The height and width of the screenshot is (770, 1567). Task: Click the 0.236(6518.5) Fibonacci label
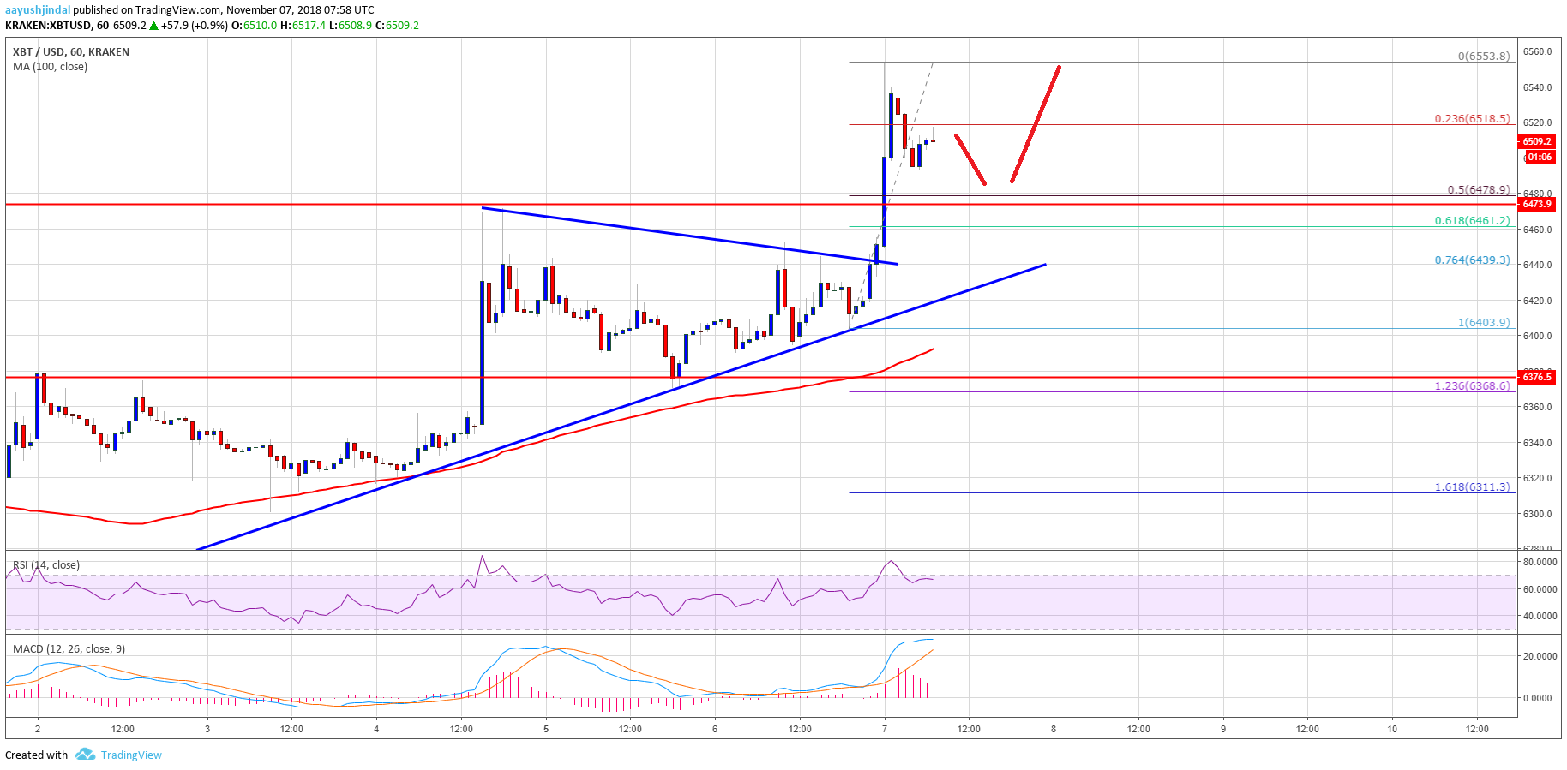pyautogui.click(x=1472, y=119)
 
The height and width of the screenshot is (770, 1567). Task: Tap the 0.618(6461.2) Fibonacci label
pyautogui.click(x=1472, y=221)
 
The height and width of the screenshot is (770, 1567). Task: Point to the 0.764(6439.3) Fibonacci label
pyautogui.click(x=1472, y=260)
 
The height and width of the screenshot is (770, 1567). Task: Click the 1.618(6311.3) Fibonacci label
pyautogui.click(x=1472, y=487)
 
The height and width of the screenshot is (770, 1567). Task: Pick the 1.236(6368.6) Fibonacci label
pyautogui.click(x=1472, y=386)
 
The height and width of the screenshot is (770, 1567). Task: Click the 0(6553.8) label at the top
pyautogui.click(x=1483, y=57)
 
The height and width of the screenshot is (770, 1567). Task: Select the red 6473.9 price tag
pyautogui.click(x=1536, y=205)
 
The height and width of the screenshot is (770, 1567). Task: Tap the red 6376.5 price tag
pyautogui.click(x=1536, y=377)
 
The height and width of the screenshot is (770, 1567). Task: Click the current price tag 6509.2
pyautogui.click(x=1536, y=142)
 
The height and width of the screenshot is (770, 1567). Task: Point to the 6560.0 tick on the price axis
pyautogui.click(x=1537, y=51)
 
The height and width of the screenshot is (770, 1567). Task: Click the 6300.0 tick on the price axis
pyautogui.click(x=1537, y=514)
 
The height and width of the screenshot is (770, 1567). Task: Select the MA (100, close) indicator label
pyautogui.click(x=50, y=67)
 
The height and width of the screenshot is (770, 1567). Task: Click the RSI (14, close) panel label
pyautogui.click(x=46, y=565)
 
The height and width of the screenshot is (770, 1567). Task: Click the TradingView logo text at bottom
pyautogui.click(x=130, y=755)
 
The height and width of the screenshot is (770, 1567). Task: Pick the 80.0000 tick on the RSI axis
pyautogui.click(x=1540, y=562)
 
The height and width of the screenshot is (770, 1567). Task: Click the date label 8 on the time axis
pyautogui.click(x=1054, y=730)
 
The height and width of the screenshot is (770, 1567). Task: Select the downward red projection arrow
pyautogui.click(x=970, y=159)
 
